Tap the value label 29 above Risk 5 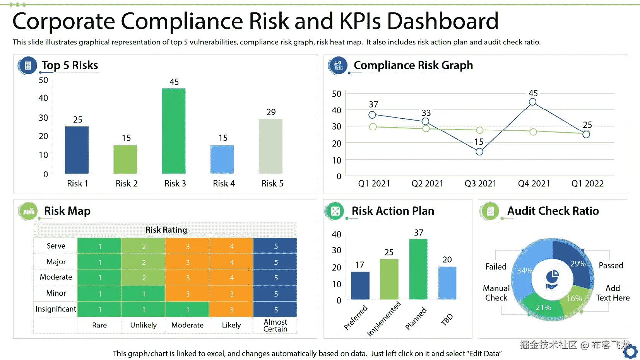tap(271, 112)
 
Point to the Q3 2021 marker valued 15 tap(479, 152)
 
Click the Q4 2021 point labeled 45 tap(532, 102)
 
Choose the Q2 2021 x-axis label tap(427, 184)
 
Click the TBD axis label tap(447, 319)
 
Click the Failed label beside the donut tap(496, 266)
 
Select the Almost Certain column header tap(275, 326)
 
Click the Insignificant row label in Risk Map tap(56, 309)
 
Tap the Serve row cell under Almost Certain tap(276, 246)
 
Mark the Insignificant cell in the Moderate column tap(187, 310)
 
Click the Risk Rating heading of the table tap(166, 230)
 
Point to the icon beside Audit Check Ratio tap(490, 211)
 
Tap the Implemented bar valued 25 tap(389, 279)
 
